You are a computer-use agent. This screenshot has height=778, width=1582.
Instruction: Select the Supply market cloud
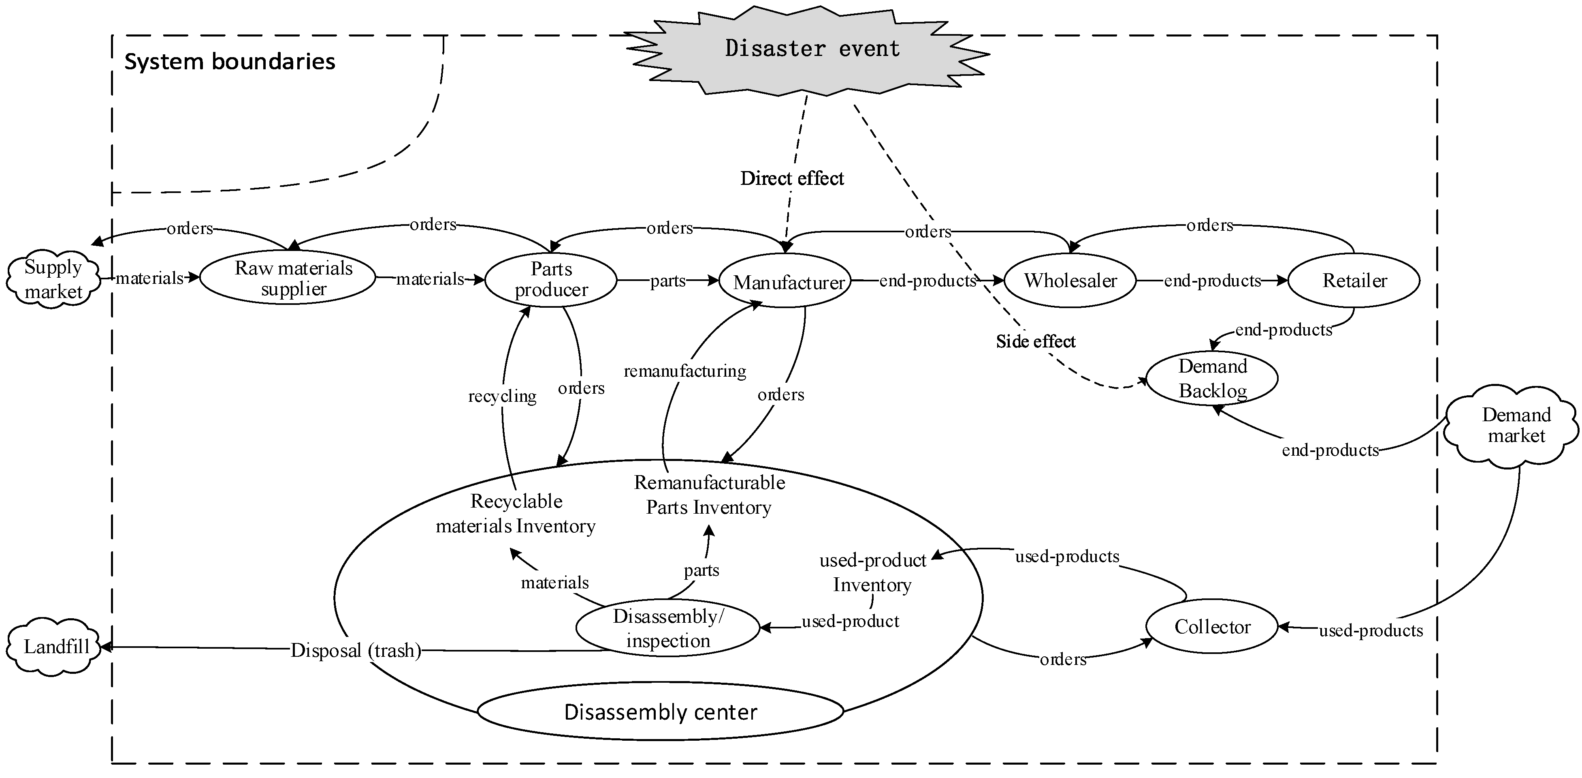[x=53, y=280]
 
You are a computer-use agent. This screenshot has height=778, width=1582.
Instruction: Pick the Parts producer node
[x=551, y=280]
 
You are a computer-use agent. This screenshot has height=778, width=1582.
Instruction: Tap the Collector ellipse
[x=1212, y=627]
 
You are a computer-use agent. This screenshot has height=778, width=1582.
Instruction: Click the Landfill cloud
[x=55, y=647]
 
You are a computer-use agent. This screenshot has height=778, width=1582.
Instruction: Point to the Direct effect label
[x=792, y=178]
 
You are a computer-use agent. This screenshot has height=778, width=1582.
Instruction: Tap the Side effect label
[x=1035, y=342]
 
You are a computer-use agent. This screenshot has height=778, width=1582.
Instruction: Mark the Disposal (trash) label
[x=356, y=650]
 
